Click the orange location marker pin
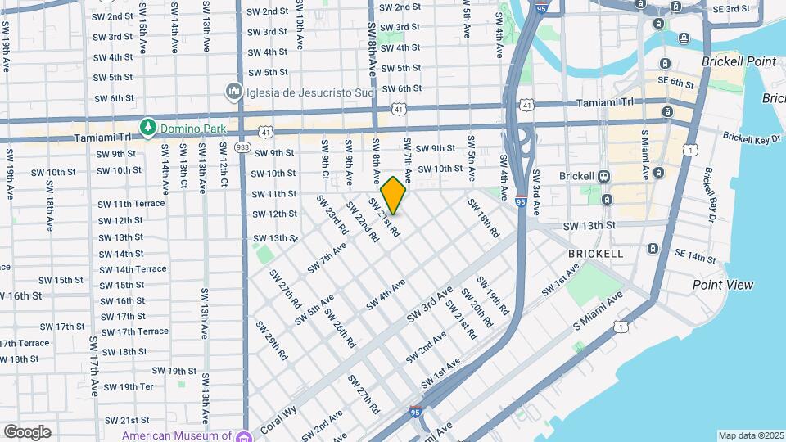coord(394,196)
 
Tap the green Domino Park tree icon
coord(147,128)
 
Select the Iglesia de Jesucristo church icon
coord(234,92)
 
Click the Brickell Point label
coord(739,62)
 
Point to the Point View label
coord(723,285)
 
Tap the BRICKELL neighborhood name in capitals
coord(596,254)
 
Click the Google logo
coord(27,431)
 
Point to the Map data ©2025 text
coord(750,435)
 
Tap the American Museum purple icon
coord(243,436)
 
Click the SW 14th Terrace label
coord(133,269)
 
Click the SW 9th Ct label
coord(325,159)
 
